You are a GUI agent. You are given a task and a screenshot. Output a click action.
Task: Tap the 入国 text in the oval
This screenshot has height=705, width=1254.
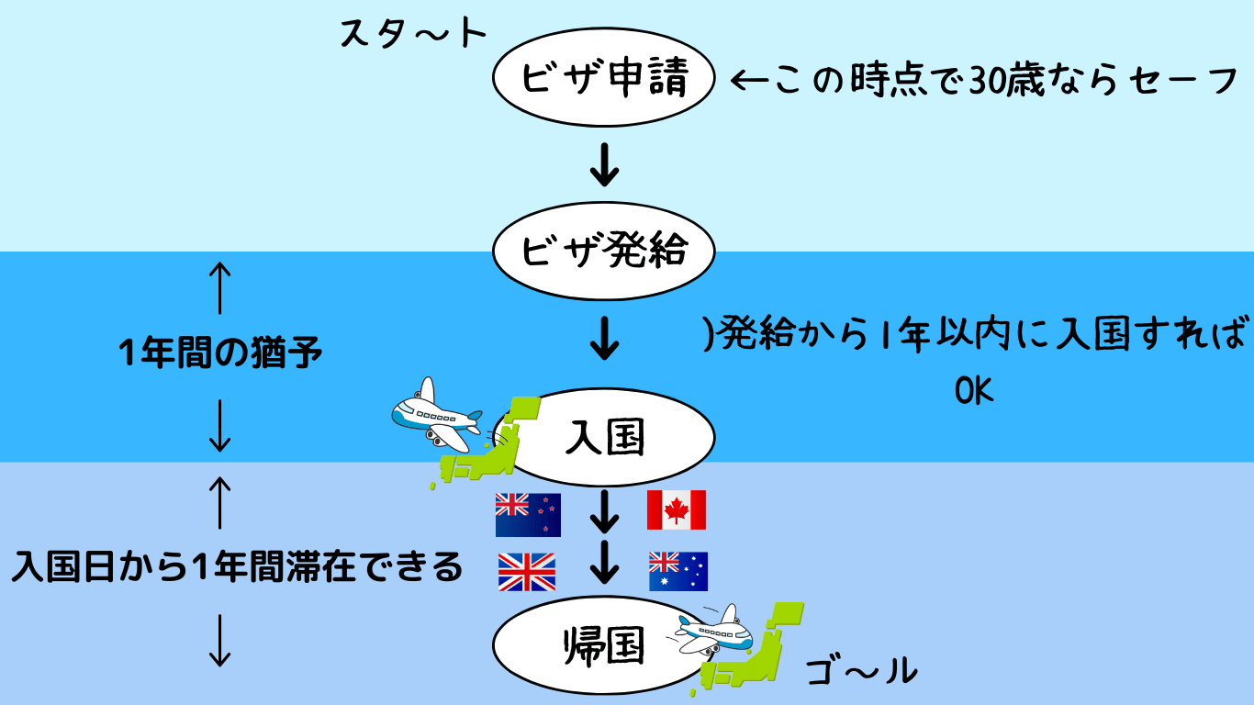[605, 437]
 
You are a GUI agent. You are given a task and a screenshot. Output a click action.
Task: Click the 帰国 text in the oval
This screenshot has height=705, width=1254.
[603, 645]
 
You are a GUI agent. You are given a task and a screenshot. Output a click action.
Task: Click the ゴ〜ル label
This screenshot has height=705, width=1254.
[862, 671]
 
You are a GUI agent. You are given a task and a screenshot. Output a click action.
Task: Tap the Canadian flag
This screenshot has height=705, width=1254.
[677, 510]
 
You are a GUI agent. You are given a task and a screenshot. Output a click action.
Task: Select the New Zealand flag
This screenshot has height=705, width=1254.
[528, 515]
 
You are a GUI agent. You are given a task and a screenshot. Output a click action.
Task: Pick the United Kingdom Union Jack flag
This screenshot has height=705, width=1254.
[527, 572]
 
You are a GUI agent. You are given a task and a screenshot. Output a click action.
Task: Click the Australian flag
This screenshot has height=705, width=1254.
[677, 571]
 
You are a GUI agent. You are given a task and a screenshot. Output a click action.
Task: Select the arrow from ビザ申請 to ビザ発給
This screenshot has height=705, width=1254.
[605, 164]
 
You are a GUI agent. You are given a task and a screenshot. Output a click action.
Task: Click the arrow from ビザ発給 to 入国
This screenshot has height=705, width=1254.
[605, 338]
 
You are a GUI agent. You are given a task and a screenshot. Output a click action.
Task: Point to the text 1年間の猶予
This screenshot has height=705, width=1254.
[220, 352]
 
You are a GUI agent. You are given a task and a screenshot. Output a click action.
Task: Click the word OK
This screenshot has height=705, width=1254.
[973, 391]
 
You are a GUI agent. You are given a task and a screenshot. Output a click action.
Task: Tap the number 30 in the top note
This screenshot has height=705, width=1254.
[988, 81]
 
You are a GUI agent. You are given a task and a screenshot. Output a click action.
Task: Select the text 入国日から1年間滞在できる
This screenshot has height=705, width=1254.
[237, 566]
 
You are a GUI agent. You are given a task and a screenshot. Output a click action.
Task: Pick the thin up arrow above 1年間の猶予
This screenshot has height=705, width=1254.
[220, 288]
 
